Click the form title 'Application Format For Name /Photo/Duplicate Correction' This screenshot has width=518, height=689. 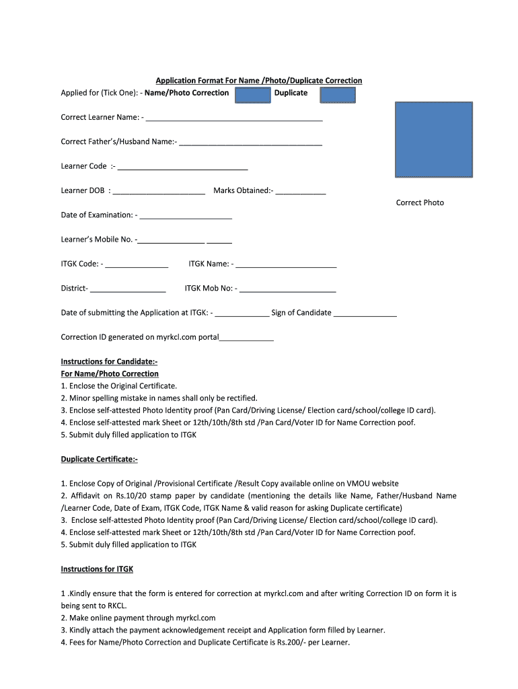(259, 81)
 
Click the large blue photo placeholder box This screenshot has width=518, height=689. (433, 140)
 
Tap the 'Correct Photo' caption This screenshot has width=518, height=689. (420, 203)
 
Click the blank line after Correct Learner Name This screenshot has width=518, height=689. (233, 119)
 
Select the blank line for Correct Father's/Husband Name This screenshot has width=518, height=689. (250, 143)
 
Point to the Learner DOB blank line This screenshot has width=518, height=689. (159, 192)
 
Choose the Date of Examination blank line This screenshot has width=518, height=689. (186, 217)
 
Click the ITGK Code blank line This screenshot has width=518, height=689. (137, 266)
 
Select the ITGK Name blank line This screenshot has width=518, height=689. (286, 266)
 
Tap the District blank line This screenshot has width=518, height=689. (128, 290)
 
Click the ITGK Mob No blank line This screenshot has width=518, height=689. (287, 290)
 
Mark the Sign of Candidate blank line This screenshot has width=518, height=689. (365, 314)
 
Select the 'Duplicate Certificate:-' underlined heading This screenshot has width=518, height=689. (99, 459)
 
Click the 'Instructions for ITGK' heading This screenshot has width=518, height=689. (97, 569)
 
